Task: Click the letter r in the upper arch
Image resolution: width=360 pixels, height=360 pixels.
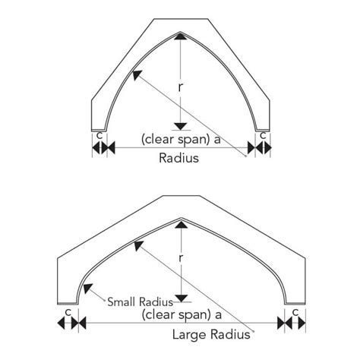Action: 180,87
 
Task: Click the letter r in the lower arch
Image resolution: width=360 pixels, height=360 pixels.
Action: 181,258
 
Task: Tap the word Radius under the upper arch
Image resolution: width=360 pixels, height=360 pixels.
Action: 178,158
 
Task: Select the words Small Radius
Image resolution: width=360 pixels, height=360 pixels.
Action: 141,302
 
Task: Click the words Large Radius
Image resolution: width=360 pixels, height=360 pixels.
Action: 211,334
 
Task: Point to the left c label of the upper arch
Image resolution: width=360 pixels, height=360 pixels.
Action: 99,136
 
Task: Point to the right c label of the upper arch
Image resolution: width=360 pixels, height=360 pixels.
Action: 264,136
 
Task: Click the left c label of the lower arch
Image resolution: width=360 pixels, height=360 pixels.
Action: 68,313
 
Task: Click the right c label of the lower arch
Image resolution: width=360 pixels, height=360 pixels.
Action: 295,313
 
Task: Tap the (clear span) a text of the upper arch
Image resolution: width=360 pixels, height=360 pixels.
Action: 181,139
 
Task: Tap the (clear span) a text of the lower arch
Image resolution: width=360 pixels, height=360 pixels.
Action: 182,314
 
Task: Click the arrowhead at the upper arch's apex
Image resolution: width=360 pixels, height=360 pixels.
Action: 180,36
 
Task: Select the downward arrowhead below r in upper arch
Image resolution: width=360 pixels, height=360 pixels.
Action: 180,126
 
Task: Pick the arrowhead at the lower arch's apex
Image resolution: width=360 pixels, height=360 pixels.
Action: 182,224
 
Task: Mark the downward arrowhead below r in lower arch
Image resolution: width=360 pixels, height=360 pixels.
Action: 182,298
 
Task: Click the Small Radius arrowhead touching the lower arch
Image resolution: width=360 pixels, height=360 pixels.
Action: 87,289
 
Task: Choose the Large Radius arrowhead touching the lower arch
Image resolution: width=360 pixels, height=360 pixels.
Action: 138,245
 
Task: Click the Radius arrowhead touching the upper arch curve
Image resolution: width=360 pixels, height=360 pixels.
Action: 137,75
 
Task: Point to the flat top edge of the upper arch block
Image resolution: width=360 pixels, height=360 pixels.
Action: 181,19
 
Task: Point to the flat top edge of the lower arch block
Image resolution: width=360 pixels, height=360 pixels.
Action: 182,196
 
